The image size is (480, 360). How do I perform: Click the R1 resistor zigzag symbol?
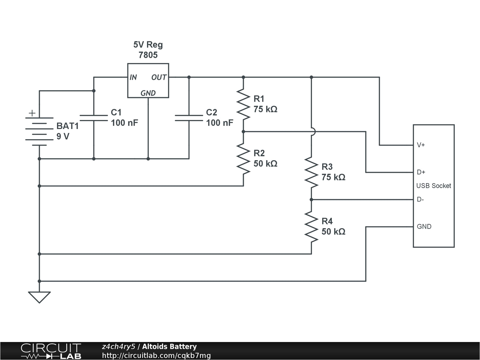click(243, 104)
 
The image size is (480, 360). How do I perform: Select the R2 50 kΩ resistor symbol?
click(243, 158)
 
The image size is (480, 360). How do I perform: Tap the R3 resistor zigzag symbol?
click(311, 172)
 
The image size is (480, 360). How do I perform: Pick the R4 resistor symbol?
click(311, 226)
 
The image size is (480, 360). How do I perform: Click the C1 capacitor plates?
click(94, 118)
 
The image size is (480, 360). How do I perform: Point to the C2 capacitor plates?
click(189, 118)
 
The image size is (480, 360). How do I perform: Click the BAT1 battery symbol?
click(39, 131)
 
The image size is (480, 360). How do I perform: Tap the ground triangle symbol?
click(39, 297)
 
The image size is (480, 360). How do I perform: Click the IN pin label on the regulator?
click(133, 77)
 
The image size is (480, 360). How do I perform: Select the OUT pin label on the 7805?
click(159, 77)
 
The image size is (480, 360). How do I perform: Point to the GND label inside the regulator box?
click(148, 93)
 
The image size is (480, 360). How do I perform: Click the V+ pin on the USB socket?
click(421, 145)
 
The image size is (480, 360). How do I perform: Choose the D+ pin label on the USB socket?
click(421, 172)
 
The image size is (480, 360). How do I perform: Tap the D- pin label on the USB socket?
click(420, 199)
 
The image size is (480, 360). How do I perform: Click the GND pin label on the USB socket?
click(424, 226)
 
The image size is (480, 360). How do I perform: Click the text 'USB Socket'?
click(433, 186)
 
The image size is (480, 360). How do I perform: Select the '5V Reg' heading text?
click(148, 45)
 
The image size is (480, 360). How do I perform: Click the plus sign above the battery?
click(32, 113)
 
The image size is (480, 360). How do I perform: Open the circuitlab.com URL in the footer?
click(156, 355)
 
